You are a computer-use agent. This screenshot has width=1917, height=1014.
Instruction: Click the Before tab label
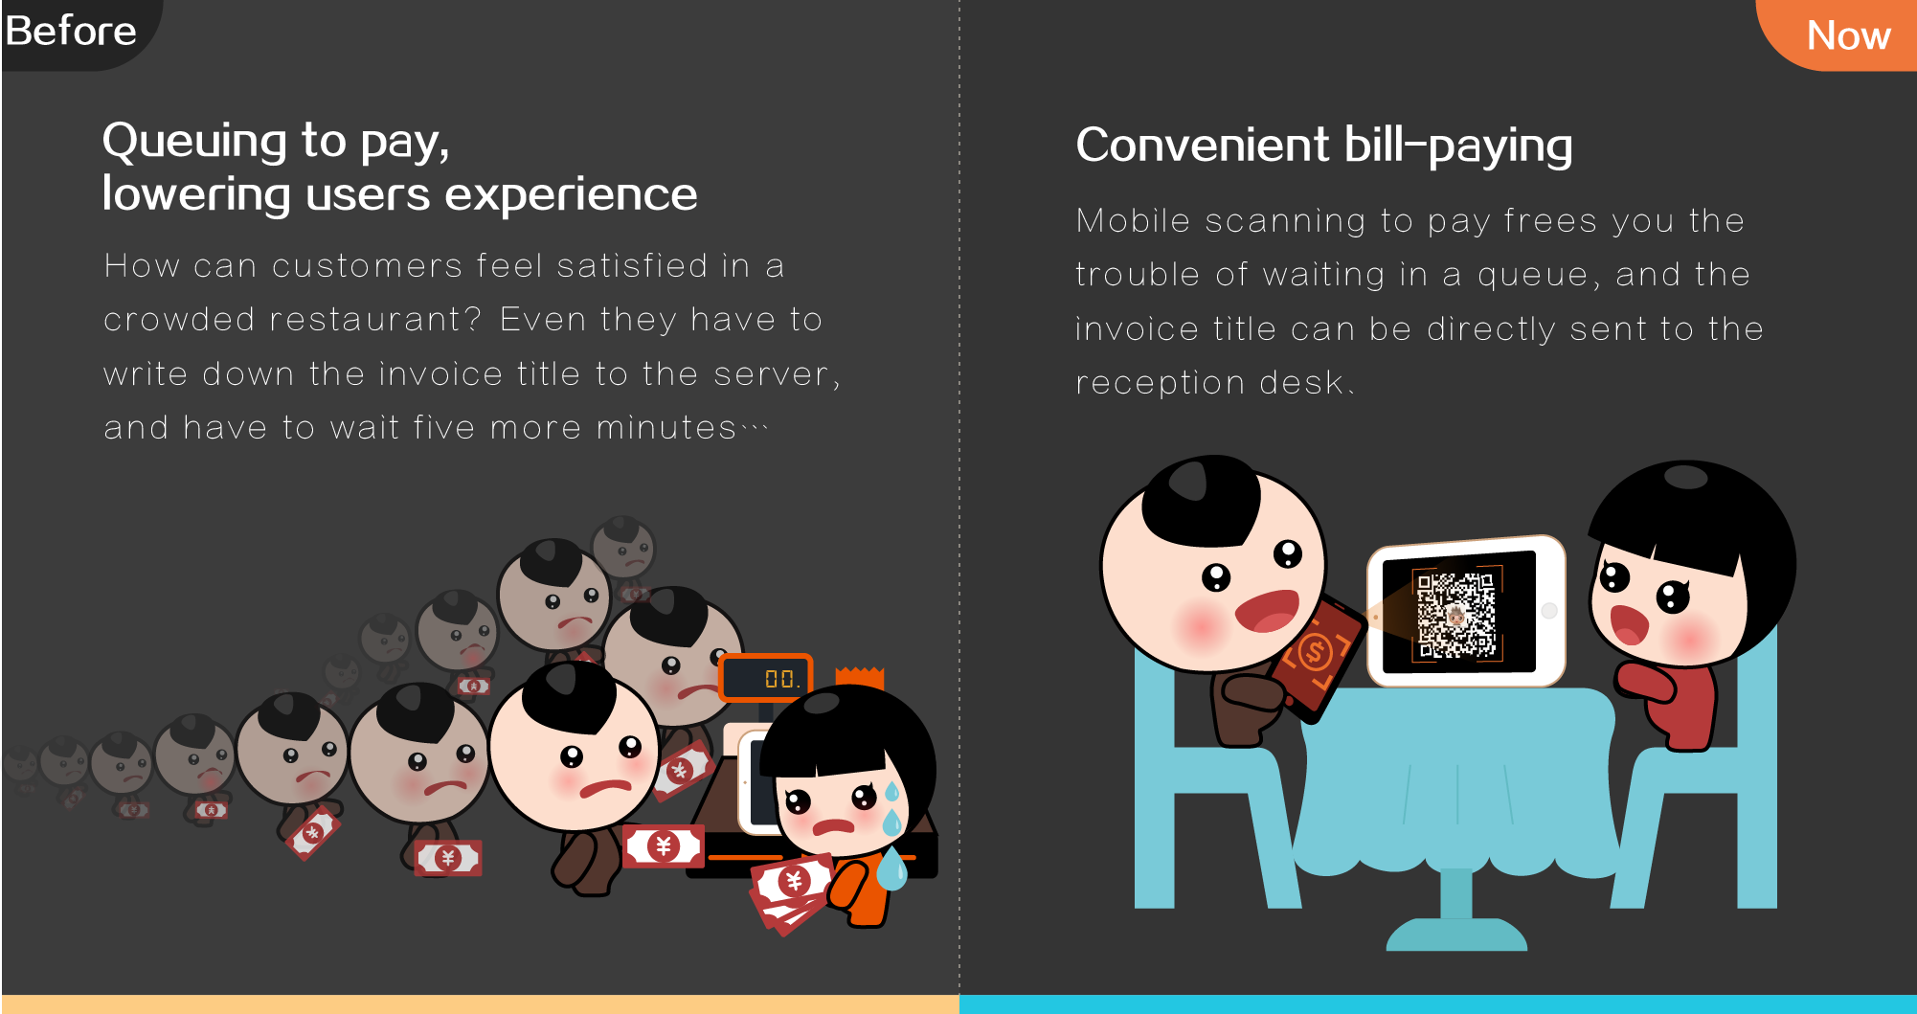pos(71,32)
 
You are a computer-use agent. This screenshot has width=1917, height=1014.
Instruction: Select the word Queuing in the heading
pos(194,142)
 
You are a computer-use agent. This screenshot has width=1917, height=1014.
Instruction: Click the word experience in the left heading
pos(571,195)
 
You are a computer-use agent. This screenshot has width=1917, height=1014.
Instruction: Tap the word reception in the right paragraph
pos(1160,383)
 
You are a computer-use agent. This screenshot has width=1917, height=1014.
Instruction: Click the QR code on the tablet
pos(1456,614)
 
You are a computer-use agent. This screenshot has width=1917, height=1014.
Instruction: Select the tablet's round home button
pos(1549,611)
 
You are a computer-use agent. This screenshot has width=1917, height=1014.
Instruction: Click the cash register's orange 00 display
pos(766,678)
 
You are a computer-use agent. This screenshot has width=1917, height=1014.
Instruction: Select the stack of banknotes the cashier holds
pos(790,891)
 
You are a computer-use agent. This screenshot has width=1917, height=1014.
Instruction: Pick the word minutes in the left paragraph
pos(666,427)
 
